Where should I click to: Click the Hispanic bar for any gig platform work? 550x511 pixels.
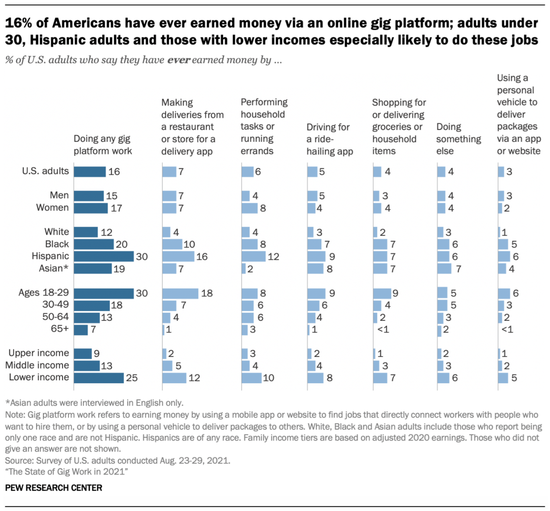[104, 256]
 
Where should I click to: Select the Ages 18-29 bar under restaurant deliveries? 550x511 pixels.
[180, 293]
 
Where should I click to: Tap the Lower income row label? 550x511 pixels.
[39, 377]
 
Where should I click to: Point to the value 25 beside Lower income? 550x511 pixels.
[132, 378]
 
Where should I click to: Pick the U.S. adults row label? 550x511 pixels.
[46, 171]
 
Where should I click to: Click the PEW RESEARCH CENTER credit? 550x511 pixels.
[54, 488]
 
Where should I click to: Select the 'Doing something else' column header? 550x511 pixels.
[458, 139]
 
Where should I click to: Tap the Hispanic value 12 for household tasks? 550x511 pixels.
[273, 257]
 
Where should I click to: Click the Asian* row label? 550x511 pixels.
[54, 268]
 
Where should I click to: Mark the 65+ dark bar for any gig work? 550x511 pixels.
[81, 330]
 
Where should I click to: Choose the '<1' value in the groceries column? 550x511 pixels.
[383, 329]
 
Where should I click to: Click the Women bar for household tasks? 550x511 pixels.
[250, 208]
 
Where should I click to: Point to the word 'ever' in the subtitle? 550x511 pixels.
[179, 60]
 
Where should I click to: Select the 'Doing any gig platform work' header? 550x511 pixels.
[103, 145]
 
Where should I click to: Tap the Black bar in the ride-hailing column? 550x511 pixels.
[314, 244]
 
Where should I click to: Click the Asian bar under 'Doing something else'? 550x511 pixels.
[444, 269]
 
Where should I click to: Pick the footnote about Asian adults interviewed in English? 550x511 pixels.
[94, 403]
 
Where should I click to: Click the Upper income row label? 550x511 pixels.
[39, 353]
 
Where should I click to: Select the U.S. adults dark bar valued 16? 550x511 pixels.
[90, 172]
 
